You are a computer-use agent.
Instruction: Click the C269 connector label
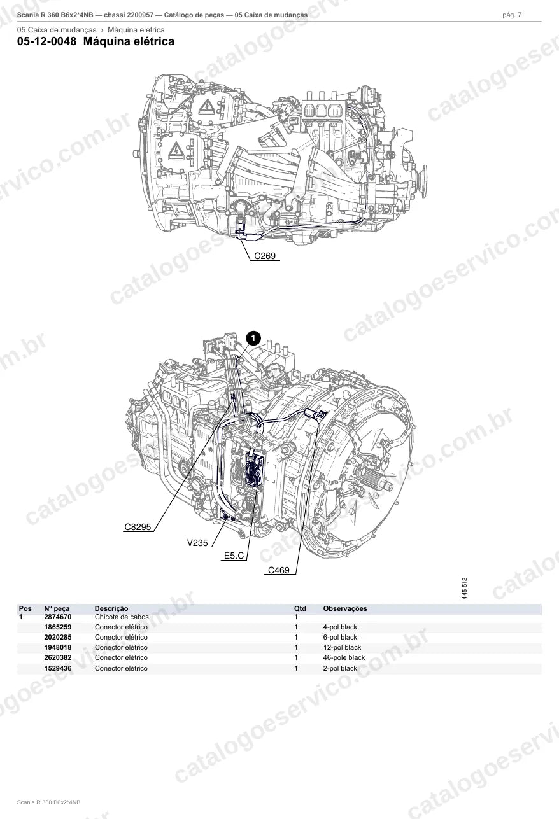click(264, 256)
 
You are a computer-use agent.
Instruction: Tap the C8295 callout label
click(138, 527)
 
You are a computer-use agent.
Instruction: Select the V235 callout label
click(197, 543)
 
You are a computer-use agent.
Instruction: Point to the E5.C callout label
click(234, 556)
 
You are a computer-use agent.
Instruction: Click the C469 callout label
click(278, 570)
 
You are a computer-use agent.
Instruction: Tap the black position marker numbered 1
click(253, 338)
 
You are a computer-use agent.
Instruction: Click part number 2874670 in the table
click(58, 617)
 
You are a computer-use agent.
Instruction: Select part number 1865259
click(58, 627)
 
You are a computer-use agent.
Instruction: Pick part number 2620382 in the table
click(58, 657)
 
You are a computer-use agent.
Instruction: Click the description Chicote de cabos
click(122, 617)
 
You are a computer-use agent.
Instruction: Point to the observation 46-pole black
click(344, 657)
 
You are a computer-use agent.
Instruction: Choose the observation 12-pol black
click(342, 647)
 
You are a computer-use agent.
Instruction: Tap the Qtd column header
click(300, 608)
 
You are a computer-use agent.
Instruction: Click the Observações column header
click(345, 608)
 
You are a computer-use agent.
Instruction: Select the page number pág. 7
click(512, 15)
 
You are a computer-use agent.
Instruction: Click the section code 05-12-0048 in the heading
click(47, 41)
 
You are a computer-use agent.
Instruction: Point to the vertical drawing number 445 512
click(464, 588)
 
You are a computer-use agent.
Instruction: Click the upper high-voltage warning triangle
click(206, 106)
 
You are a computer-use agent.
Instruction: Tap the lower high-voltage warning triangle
click(176, 151)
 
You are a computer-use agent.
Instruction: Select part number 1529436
click(58, 668)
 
